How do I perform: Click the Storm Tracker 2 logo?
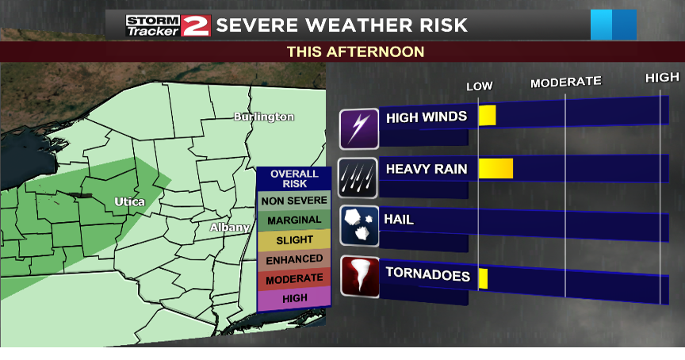tap(167, 25)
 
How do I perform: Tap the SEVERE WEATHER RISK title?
tap(342, 25)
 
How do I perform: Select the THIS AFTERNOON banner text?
tap(355, 52)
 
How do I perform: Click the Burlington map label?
tap(264, 117)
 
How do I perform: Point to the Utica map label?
tap(129, 201)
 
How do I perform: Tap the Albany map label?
tap(229, 228)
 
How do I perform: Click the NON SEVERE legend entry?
tap(294, 201)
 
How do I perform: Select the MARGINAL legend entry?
tap(294, 220)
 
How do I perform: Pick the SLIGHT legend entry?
tap(294, 239)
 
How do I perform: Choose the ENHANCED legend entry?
tap(294, 259)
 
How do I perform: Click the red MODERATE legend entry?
tap(294, 279)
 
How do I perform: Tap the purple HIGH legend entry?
tap(294, 298)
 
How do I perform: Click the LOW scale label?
tap(479, 86)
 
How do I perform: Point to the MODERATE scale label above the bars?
tap(565, 82)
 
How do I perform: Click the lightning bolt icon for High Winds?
tap(359, 128)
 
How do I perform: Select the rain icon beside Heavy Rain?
tap(358, 178)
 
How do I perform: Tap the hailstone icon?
tap(359, 226)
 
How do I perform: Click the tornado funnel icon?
tap(359, 277)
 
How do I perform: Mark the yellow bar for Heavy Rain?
tap(496, 168)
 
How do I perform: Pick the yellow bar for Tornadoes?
tap(483, 278)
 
